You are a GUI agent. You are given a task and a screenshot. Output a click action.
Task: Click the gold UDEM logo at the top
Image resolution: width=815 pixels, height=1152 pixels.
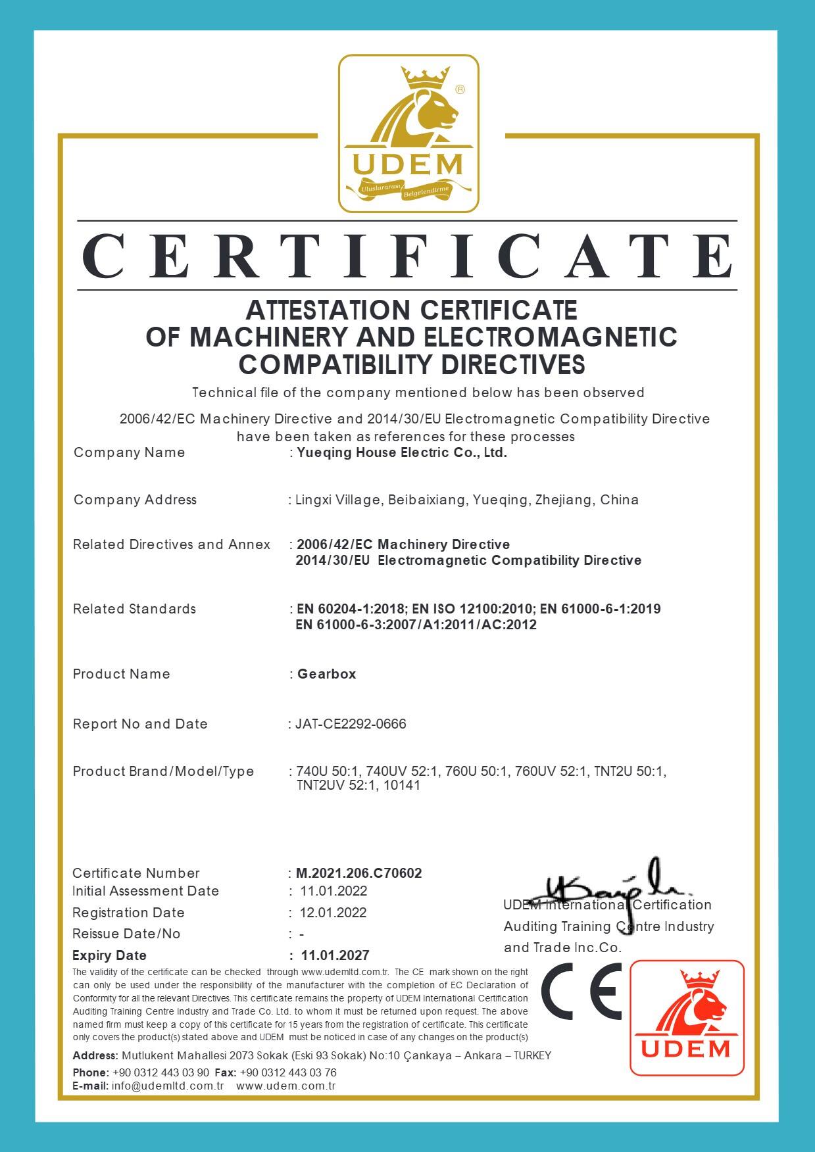pos(408,133)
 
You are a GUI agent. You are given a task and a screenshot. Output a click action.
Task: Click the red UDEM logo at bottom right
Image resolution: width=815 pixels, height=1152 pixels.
pos(687,1017)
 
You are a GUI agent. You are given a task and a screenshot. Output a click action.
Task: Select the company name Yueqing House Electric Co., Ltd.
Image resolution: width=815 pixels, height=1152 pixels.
pos(402,452)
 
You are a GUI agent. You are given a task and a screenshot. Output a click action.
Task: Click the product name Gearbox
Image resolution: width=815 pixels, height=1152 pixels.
pos(327,674)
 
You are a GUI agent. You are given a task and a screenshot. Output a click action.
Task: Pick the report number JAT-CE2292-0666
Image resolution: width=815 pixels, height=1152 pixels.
pos(351,724)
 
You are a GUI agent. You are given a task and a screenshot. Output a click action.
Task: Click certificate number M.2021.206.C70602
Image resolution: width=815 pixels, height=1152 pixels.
pos(358,873)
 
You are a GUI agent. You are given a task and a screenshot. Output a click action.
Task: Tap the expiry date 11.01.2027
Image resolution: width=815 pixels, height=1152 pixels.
pos(335,955)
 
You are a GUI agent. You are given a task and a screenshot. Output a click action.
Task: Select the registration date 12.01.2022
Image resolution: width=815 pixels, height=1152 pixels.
pos(333,913)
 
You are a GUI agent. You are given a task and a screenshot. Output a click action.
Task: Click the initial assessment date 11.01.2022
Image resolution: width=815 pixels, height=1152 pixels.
pos(333,891)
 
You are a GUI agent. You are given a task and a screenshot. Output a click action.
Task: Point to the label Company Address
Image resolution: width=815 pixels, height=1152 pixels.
pos(135,500)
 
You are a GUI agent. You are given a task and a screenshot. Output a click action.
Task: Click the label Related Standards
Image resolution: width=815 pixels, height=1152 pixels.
pos(134,609)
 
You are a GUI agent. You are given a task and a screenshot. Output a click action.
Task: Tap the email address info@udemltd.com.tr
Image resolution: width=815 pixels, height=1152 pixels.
pos(168,1086)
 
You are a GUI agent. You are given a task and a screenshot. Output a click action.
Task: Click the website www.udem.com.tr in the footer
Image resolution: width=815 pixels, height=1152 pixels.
pos(285,1086)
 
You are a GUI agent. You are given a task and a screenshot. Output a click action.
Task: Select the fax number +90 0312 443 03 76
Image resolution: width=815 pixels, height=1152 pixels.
pos(289,1072)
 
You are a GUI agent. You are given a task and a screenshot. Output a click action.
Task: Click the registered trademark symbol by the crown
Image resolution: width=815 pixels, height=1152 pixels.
pos(460,89)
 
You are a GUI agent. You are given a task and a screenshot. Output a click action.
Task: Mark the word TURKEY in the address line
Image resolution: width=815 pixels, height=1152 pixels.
pos(532,1055)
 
